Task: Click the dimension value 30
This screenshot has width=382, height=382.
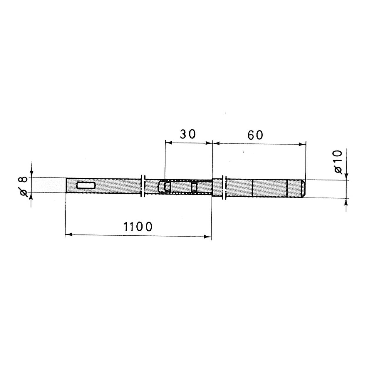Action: click(x=188, y=134)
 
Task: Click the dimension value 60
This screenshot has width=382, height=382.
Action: click(x=255, y=135)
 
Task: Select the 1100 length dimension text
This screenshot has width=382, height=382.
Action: click(x=138, y=227)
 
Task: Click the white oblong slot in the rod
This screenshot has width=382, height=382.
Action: click(x=86, y=185)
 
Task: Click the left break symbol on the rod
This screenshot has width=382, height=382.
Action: click(x=143, y=186)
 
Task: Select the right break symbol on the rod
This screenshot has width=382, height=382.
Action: click(x=224, y=188)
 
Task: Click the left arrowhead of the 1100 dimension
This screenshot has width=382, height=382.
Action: click(x=68, y=235)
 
